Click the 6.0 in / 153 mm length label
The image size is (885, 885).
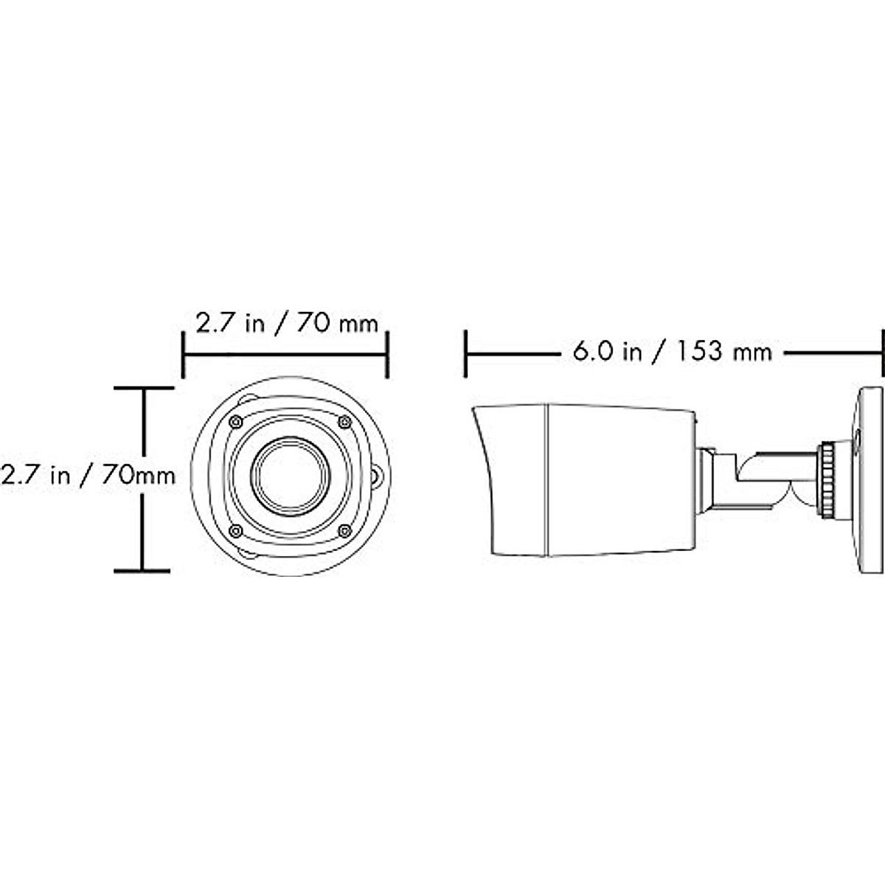(672, 353)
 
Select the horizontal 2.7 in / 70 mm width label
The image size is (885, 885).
(286, 324)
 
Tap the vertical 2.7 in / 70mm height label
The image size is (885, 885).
(88, 475)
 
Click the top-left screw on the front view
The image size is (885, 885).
(235, 421)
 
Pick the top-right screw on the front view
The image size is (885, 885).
(344, 421)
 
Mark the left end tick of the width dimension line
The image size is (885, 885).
(183, 354)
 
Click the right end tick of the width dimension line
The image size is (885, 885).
(387, 354)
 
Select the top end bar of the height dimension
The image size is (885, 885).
(142, 387)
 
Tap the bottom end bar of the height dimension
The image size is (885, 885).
(142, 570)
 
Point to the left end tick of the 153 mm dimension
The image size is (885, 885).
(466, 354)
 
